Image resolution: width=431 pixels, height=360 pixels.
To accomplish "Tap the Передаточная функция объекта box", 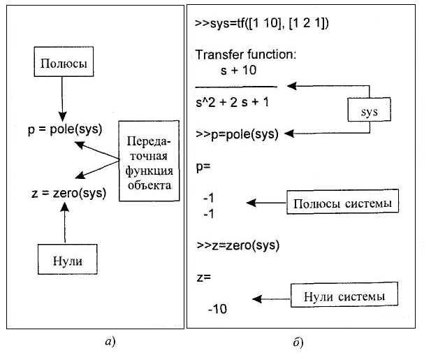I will [x=147, y=161].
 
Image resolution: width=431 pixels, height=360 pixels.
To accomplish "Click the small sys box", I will [x=368, y=112].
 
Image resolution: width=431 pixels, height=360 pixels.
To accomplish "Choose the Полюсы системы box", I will [x=342, y=203].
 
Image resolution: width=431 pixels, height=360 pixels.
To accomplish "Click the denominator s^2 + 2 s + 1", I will [x=233, y=101].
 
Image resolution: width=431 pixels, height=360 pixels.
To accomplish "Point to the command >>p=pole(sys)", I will [x=238, y=133].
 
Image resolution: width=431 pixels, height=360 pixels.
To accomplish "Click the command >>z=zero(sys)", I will [x=238, y=245].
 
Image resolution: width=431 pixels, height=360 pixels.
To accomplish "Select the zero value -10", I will [x=217, y=308].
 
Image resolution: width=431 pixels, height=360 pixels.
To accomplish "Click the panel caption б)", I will [x=298, y=343].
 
